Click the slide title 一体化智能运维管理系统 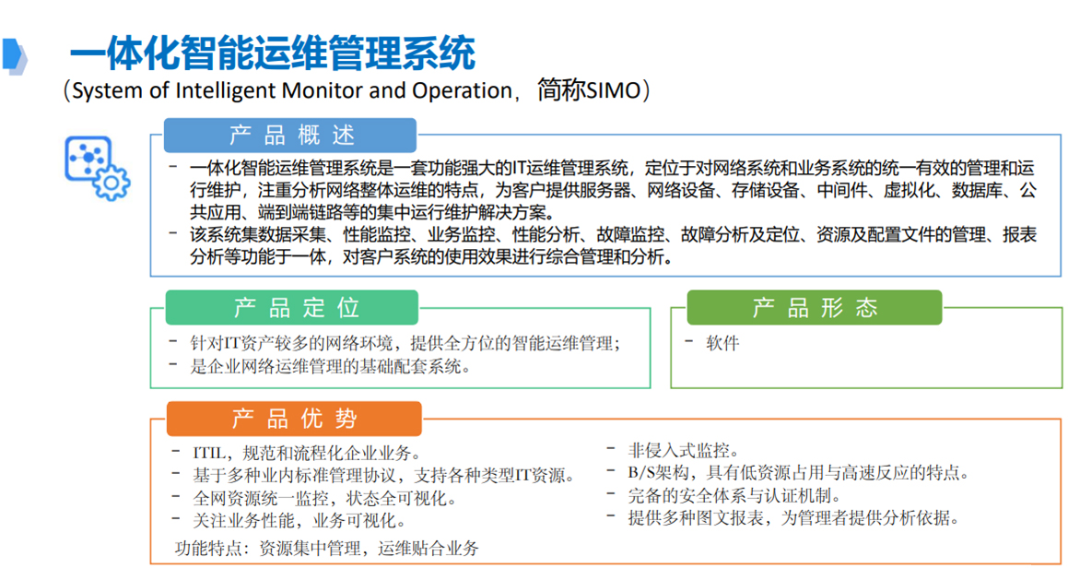point(273,53)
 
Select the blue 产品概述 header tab point(290,135)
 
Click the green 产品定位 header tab point(292,308)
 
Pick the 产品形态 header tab point(815,308)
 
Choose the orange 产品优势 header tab point(294,419)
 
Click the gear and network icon point(97,168)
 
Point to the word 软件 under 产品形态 point(722,343)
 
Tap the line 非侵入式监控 point(683,450)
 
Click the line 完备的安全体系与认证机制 point(734,496)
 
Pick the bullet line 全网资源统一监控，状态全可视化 point(324,499)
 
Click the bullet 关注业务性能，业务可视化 point(299,521)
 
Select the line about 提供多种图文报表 point(793,518)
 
